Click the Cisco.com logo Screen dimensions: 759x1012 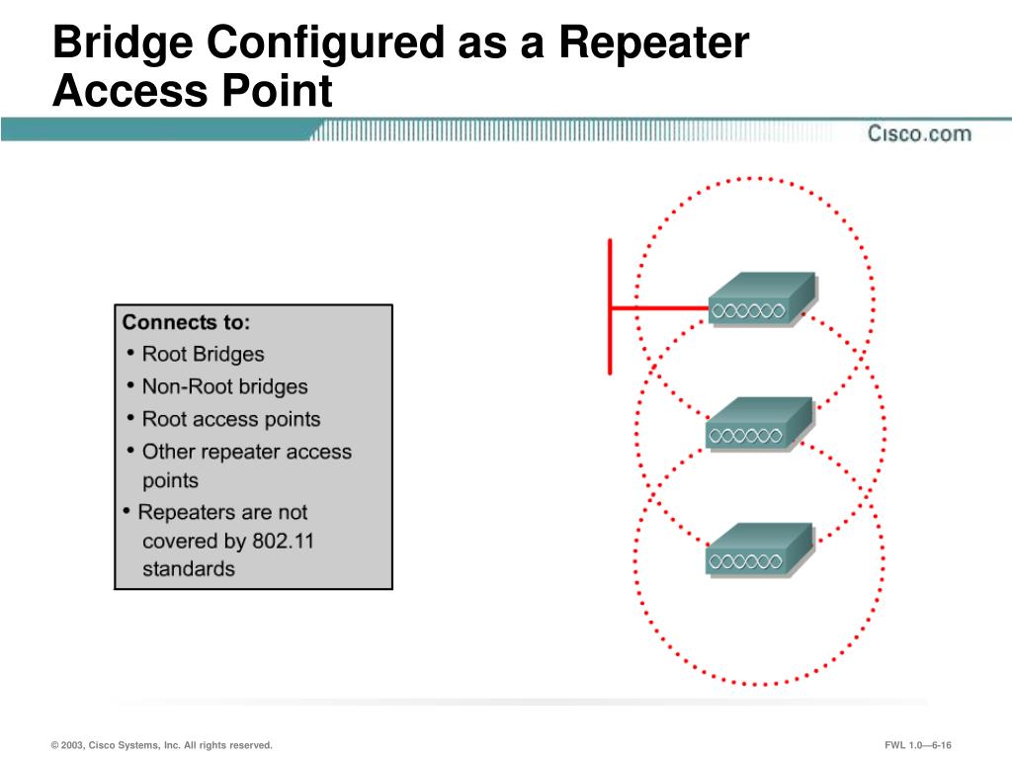pos(918,133)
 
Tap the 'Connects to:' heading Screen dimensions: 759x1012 pos(186,322)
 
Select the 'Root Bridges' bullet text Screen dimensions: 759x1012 pos(203,354)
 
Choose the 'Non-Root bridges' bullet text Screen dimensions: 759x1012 pos(224,386)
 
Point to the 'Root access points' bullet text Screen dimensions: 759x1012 pos(231,419)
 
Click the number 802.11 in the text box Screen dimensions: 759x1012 pos(287,541)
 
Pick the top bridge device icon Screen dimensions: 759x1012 pos(761,299)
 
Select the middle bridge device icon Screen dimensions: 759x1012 pos(758,424)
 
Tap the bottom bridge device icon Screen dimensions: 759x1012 pos(758,549)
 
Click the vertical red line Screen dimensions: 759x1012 pos(610,306)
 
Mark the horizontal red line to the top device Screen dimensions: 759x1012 pos(659,308)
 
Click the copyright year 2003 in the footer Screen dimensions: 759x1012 pos(70,745)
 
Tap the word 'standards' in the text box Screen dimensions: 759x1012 pos(189,569)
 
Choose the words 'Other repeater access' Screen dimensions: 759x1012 pos(246,452)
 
